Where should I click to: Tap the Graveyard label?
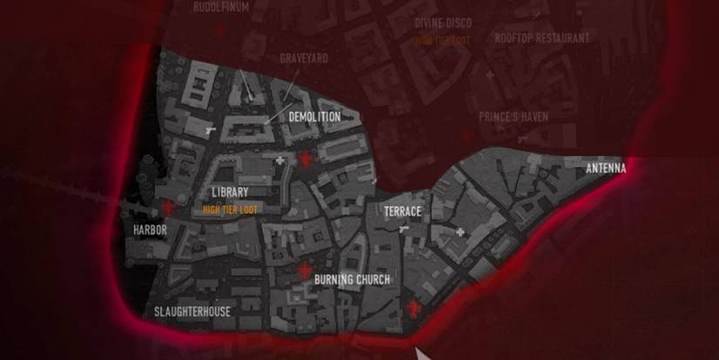303,58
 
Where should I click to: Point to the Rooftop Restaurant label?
542,37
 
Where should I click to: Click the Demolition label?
314,116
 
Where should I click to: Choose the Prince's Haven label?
513,116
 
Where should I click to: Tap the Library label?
230,192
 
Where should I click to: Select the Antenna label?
606,168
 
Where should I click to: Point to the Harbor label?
149,230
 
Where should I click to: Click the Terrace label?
403,212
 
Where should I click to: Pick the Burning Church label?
352,280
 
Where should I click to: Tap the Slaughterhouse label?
193,311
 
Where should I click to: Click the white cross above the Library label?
280,160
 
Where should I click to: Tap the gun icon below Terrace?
402,229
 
